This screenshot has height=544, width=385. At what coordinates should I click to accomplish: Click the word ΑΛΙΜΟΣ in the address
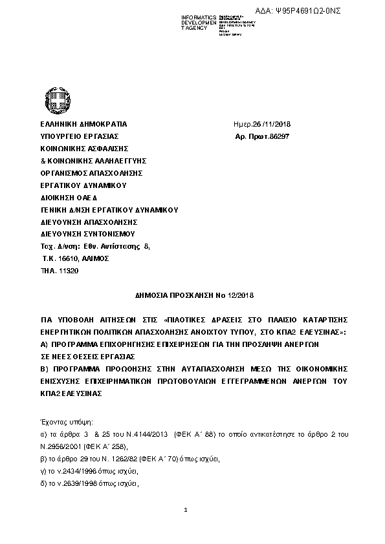96,258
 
